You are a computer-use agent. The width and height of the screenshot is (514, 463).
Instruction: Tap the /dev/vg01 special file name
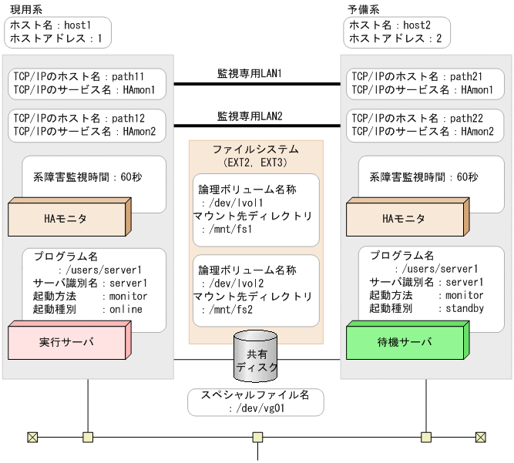point(257,408)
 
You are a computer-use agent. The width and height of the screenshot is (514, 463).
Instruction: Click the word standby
point(464,308)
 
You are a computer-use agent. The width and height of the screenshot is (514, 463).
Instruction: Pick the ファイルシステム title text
point(256,149)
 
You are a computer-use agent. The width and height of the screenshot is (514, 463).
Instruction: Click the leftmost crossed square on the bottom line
point(32,438)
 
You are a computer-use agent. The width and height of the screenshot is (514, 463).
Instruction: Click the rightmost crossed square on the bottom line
point(482,438)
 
